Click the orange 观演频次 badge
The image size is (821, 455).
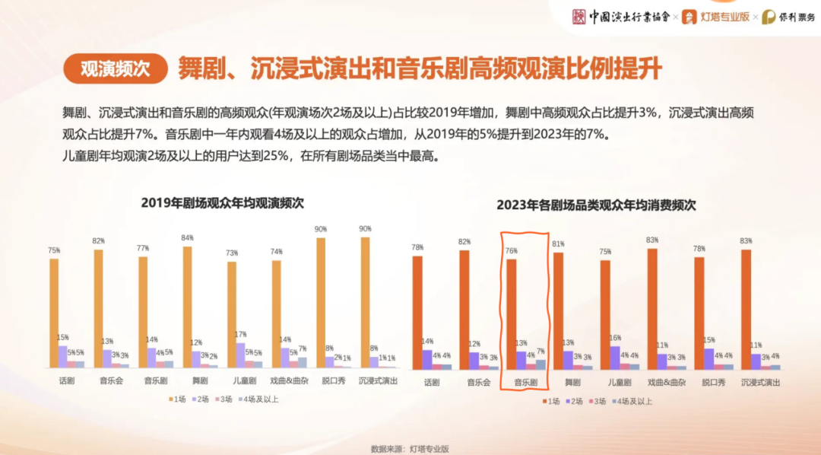pyautogui.click(x=115, y=68)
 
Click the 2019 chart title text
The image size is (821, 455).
pyautogui.click(x=222, y=203)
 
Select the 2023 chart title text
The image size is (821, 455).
pyautogui.click(x=596, y=205)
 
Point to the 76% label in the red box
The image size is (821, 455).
pyautogui.click(x=511, y=251)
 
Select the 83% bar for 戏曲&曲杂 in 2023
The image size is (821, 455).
pyautogui.click(x=652, y=308)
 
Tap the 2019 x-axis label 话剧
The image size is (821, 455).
pyautogui.click(x=67, y=380)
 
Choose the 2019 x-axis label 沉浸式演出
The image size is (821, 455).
pyautogui.click(x=378, y=380)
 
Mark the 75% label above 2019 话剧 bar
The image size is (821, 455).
pyautogui.click(x=54, y=250)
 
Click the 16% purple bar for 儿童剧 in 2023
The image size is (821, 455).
pyautogui.click(x=614, y=358)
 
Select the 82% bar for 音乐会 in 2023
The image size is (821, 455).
pyautogui.click(x=464, y=309)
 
